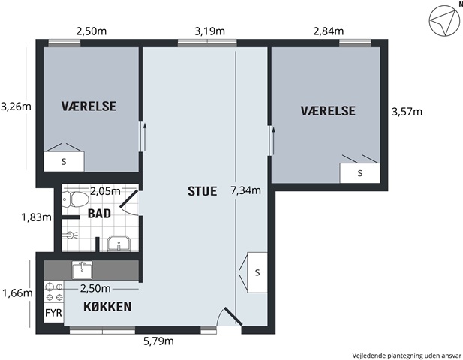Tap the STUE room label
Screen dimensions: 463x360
click(203, 191)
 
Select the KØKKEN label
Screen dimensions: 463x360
click(107, 307)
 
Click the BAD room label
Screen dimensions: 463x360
click(99, 213)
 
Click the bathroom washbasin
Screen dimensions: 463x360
click(119, 244)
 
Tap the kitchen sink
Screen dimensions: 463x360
click(82, 270)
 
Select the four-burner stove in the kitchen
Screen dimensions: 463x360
click(54, 292)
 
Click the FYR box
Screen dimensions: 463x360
click(54, 313)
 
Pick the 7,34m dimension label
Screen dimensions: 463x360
click(245, 190)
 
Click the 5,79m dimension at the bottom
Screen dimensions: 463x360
click(158, 341)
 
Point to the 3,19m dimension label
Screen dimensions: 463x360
click(209, 31)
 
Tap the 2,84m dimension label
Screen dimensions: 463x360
click(329, 31)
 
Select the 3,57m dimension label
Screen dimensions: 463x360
click(407, 112)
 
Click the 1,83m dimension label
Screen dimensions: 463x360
click(36, 217)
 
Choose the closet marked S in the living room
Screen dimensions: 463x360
click(257, 272)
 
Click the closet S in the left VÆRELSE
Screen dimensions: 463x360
click(64, 162)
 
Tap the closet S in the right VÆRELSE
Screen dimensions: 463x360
click(359, 173)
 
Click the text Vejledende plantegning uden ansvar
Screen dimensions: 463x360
click(407, 355)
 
